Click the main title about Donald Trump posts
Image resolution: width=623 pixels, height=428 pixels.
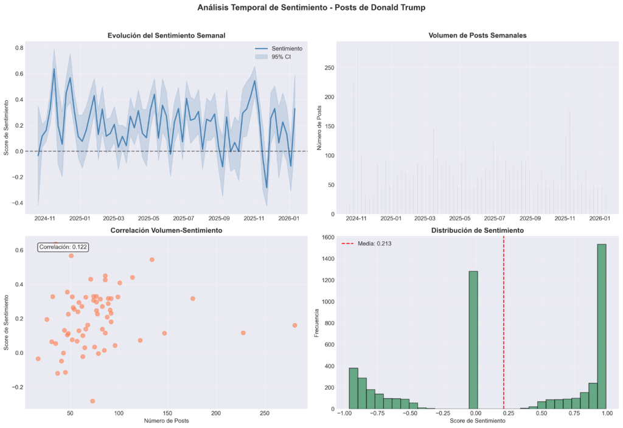(311, 8)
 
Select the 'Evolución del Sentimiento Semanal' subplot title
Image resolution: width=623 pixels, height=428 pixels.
(166, 35)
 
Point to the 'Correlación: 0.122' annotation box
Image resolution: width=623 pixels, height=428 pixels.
(63, 247)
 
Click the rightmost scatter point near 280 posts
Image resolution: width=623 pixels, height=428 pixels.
(294, 325)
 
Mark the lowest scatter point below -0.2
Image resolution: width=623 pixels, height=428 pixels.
(92, 401)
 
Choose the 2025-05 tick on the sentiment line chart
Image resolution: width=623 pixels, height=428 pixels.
(149, 218)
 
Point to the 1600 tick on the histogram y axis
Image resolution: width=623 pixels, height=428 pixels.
(324, 237)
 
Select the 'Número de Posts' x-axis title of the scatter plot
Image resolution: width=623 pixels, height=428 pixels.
(166, 421)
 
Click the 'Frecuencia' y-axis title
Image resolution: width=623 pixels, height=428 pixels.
(316, 323)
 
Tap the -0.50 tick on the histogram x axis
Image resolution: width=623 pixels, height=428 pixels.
(410, 413)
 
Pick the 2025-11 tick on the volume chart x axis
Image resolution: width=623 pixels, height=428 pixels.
(565, 218)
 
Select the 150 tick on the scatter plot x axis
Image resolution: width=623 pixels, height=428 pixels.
(167, 413)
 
